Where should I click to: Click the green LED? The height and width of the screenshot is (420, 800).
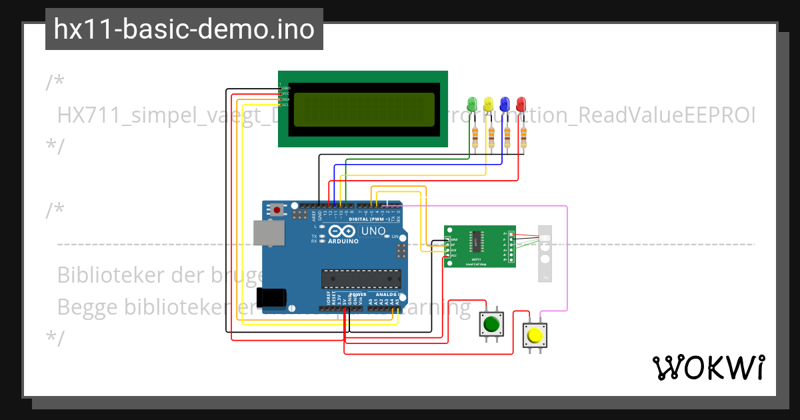click(473, 104)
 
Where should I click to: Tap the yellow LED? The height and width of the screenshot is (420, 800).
click(489, 104)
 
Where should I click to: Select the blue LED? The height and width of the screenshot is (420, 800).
click(505, 104)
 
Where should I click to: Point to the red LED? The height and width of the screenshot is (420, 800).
click(521, 104)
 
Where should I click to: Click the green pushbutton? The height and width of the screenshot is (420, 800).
click(491, 325)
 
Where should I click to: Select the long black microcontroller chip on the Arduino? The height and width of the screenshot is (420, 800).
click(361, 278)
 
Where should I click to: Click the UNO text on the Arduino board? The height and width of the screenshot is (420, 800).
click(373, 231)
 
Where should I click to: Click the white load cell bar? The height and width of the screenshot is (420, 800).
click(546, 253)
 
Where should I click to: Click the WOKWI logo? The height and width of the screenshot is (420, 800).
click(708, 367)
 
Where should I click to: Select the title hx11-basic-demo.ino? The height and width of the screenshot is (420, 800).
click(184, 29)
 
